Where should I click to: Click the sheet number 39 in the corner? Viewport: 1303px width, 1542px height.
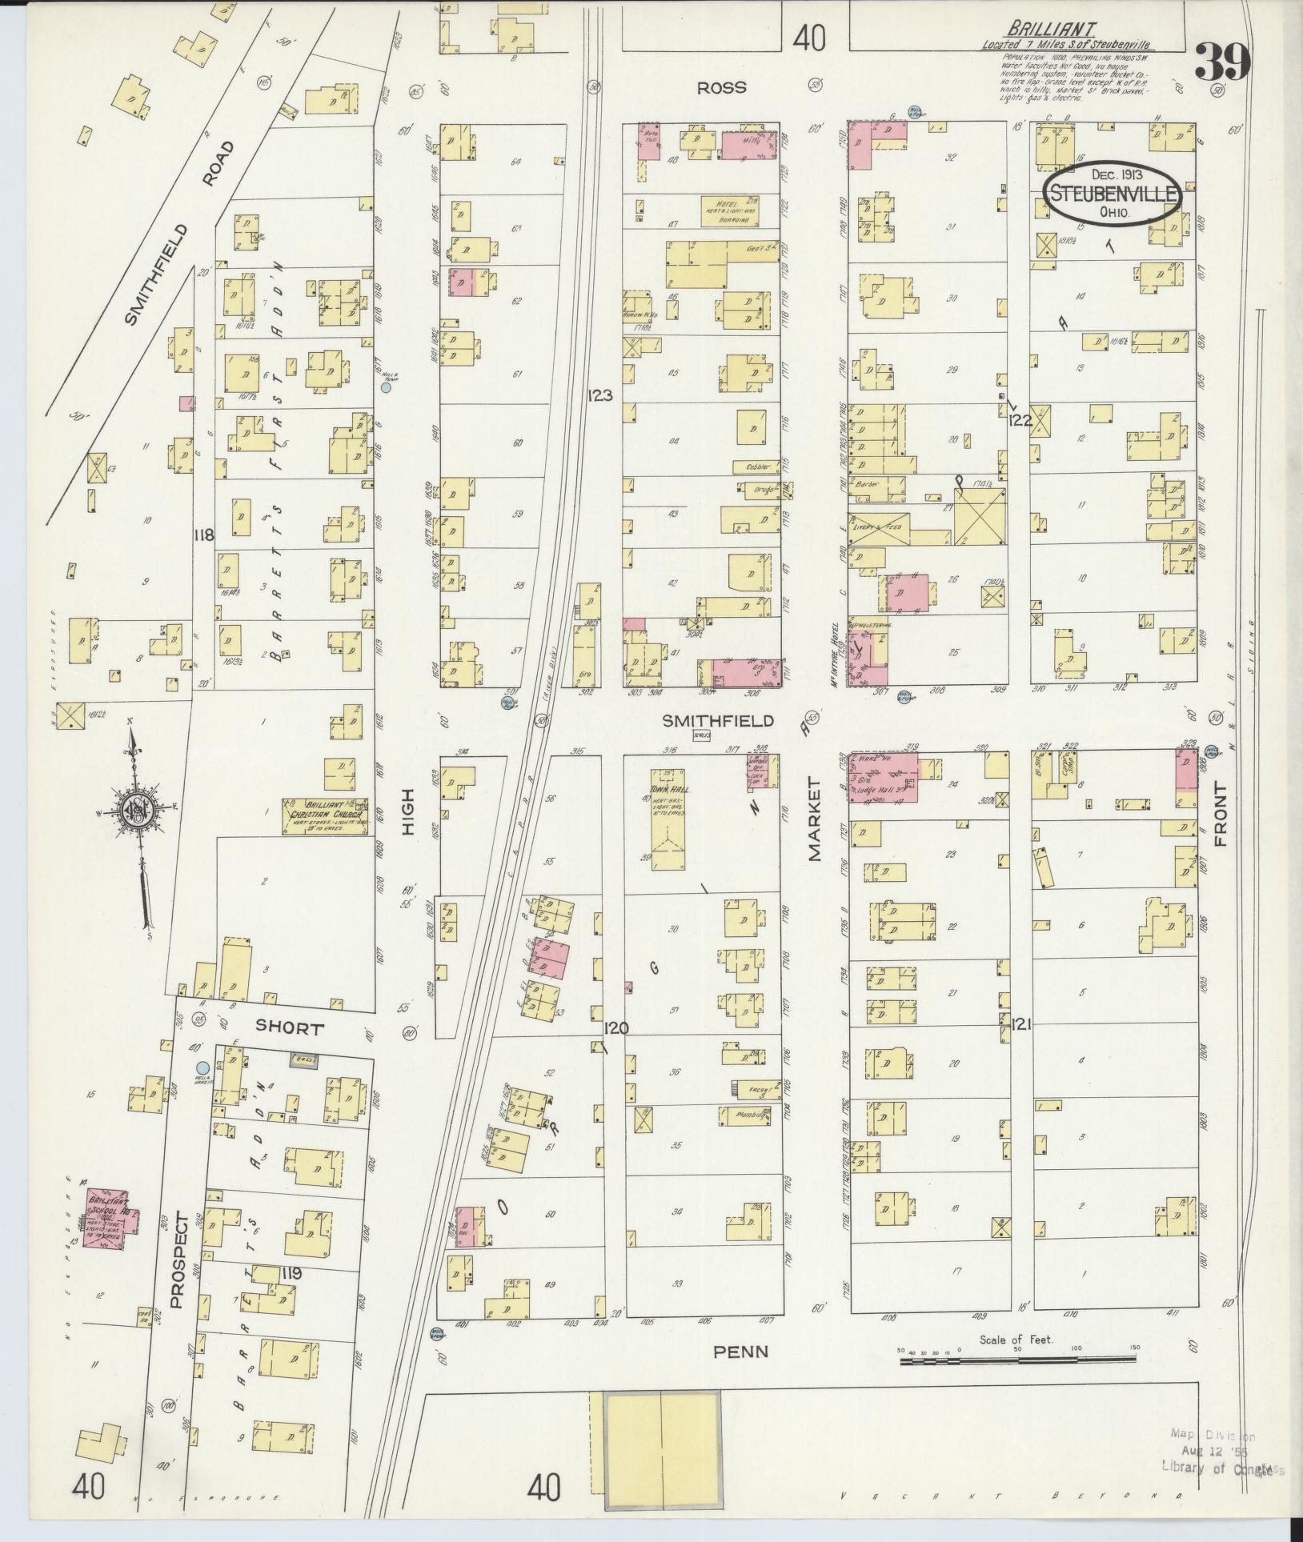[x=1222, y=62]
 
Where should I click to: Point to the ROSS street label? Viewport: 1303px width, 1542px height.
[x=722, y=88]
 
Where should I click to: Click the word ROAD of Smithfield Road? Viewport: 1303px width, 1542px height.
[x=218, y=164]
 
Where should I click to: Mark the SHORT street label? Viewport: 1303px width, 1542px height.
[x=289, y=1028]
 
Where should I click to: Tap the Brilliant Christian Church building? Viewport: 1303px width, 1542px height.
[x=325, y=815]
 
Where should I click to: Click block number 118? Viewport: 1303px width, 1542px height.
[x=203, y=535]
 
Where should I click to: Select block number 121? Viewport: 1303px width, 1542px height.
[x=1022, y=1023]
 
